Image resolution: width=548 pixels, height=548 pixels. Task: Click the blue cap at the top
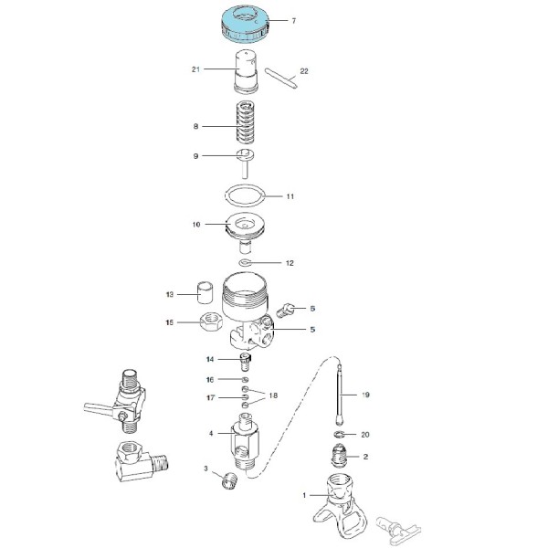tap(245, 26)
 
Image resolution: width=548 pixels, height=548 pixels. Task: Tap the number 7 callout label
tap(293, 21)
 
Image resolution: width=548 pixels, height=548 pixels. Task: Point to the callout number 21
tap(195, 69)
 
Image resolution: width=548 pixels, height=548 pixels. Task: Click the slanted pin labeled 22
tap(281, 79)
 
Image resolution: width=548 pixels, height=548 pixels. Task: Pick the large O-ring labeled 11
tap(246, 196)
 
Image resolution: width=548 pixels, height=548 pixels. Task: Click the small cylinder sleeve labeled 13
tap(205, 292)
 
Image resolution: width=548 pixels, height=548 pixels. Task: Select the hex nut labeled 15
tap(211, 321)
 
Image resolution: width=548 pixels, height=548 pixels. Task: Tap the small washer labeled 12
tap(245, 262)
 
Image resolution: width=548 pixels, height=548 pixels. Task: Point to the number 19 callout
tap(365, 395)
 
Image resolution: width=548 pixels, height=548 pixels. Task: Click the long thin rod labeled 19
tap(340, 395)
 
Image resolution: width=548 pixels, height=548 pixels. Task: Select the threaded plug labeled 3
tap(229, 480)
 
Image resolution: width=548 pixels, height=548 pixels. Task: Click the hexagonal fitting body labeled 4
tap(245, 441)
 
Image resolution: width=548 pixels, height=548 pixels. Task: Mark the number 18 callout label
tap(273, 395)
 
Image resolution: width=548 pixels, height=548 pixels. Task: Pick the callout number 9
tap(195, 156)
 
